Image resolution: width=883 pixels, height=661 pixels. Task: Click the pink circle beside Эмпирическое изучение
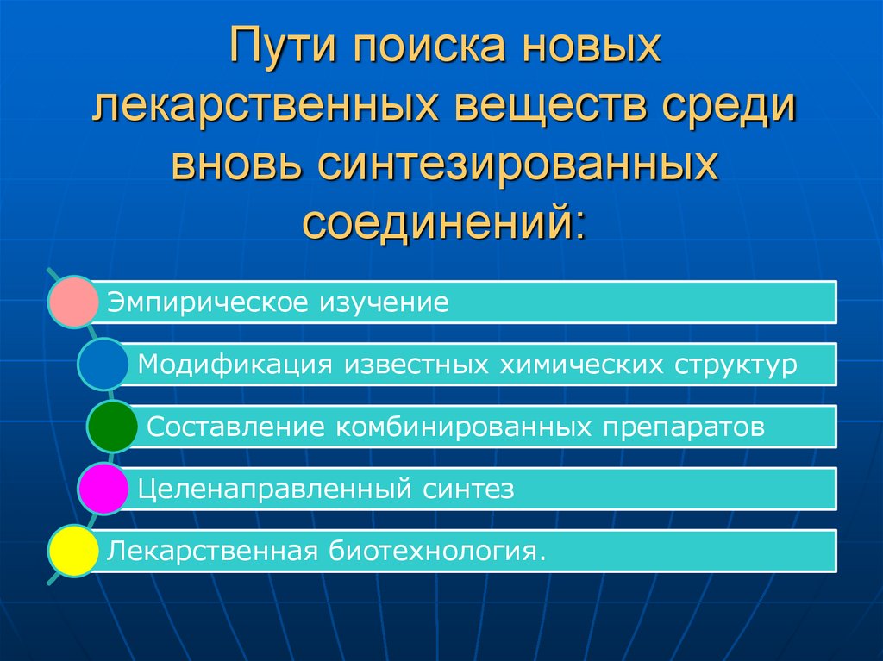click(x=73, y=302)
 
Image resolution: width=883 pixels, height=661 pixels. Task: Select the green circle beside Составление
click(x=112, y=426)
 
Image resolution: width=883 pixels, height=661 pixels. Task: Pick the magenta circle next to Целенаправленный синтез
click(x=103, y=489)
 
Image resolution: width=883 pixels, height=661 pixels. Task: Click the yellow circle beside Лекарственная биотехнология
click(x=73, y=551)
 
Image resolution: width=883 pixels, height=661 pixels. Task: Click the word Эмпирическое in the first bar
click(x=204, y=303)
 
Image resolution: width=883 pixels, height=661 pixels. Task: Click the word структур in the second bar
click(x=731, y=365)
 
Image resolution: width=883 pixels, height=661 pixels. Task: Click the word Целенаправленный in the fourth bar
click(x=275, y=490)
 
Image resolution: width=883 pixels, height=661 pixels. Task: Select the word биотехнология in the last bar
click(x=436, y=551)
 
